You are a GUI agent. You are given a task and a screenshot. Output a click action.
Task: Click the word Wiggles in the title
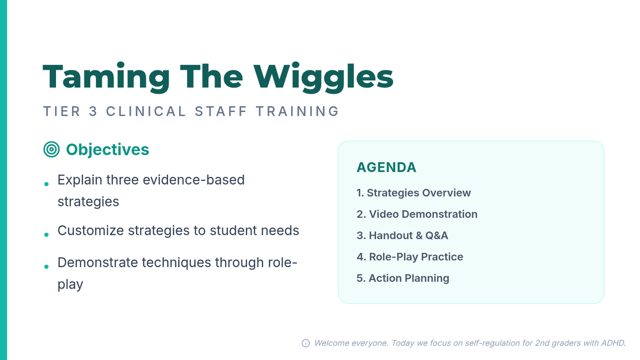coord(323,77)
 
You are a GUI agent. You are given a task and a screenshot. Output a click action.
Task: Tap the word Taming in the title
coord(106,77)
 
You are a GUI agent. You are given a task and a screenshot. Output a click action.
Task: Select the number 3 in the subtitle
coord(93,111)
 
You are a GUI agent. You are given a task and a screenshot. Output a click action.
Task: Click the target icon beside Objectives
coord(51,149)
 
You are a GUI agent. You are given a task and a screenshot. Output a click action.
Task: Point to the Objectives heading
coord(107,149)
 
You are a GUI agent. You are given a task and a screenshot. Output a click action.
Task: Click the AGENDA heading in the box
coord(386,167)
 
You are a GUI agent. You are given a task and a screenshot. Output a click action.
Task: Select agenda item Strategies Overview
coord(413,193)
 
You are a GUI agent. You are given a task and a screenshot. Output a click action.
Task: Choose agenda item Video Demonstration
coord(417,214)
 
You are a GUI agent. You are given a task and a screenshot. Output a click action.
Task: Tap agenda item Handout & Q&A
coord(402,235)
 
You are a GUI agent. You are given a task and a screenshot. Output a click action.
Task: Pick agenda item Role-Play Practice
coord(410,257)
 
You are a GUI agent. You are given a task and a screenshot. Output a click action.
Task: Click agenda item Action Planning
coord(403,278)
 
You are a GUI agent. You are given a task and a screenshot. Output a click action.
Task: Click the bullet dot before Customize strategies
coord(46,235)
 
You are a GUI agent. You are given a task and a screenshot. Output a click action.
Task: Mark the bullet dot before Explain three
coord(46,185)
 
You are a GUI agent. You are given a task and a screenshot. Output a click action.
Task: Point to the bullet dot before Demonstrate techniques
coord(46,267)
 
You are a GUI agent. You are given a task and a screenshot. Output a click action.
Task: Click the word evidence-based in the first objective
coord(194,180)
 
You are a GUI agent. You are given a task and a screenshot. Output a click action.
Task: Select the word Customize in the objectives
coord(91,230)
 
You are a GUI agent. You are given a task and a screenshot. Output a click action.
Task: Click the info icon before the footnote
coord(306,343)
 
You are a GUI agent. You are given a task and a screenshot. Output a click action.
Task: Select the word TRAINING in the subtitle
coord(298,111)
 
